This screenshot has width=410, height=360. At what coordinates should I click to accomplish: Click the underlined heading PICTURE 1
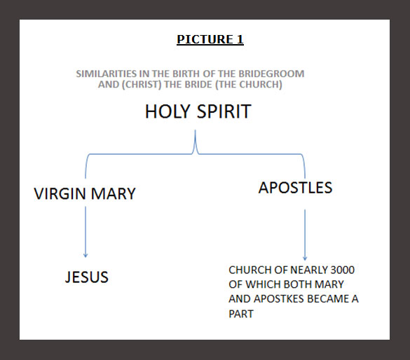210,39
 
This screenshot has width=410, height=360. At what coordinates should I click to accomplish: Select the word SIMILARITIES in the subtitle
107,74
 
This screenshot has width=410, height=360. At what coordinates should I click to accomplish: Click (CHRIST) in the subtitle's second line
142,84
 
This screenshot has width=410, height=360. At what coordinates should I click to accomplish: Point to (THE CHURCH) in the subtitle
249,84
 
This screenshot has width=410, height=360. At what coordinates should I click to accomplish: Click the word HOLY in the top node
168,111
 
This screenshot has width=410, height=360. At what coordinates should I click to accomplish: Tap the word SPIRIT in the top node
224,111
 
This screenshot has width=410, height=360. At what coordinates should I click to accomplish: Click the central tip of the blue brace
195,130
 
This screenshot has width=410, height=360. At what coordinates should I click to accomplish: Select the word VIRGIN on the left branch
60,193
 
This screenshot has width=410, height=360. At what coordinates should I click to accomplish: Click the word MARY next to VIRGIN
114,193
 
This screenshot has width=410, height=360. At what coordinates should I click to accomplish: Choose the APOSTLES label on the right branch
295,188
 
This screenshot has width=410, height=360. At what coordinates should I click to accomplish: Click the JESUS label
86,277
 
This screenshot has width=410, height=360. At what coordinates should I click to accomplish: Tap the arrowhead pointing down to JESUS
86,256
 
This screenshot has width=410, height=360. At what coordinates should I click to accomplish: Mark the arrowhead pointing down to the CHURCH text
305,258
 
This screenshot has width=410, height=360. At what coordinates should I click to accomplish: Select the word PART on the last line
241,314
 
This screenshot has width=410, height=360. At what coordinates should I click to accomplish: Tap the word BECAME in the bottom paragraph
328,299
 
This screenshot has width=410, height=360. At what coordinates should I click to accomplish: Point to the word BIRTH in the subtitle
186,74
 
